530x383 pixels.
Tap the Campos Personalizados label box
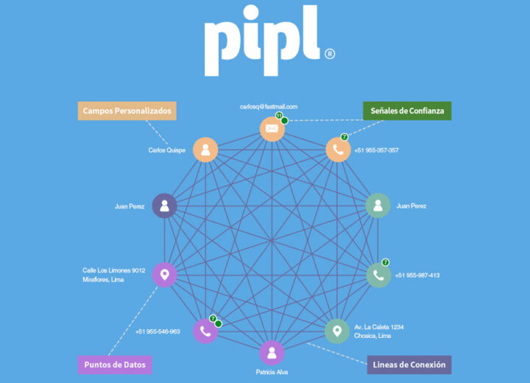pos(127,110)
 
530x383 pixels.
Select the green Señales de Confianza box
pos(407,110)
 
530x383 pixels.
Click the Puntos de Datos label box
pos(115,364)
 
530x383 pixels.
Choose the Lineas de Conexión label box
pos(409,365)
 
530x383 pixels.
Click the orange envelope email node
pos(272,129)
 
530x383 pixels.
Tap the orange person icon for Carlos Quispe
pos(205,150)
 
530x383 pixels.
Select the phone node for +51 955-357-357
pos(338,150)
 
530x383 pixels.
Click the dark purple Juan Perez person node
pos(164,206)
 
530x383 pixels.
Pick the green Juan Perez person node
pos(378,206)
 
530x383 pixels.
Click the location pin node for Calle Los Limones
pos(164,275)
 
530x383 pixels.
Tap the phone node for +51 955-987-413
pos(378,275)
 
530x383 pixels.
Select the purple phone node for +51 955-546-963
pos(205,331)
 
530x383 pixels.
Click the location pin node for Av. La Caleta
pos(337,331)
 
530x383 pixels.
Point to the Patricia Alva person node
pos(272,352)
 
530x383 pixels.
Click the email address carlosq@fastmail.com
pos(269,107)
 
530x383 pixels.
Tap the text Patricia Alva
pos(272,372)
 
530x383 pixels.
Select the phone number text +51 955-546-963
pos(158,331)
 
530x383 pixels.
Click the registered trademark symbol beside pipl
pos(329,54)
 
